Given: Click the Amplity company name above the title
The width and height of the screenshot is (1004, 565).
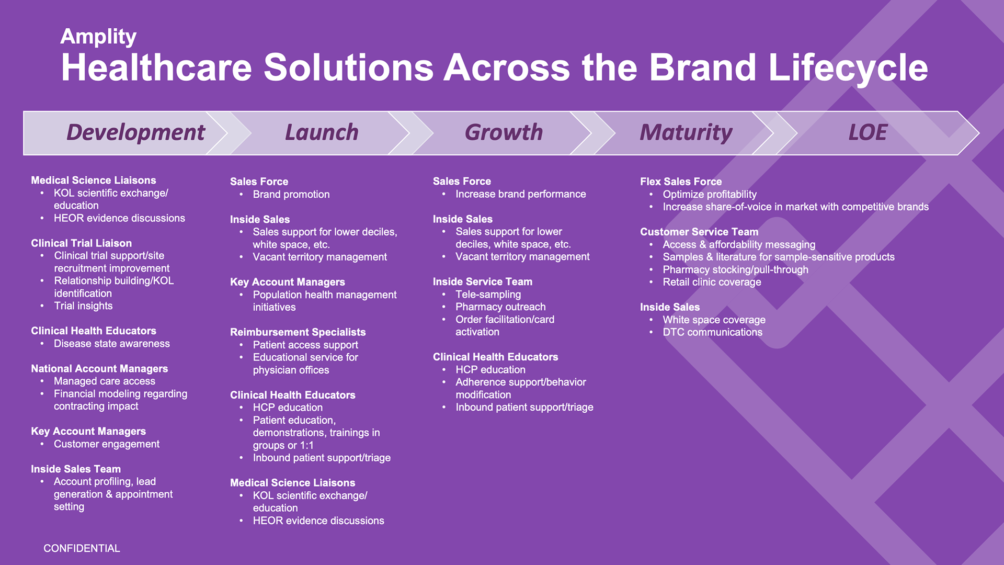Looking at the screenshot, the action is click(x=98, y=37).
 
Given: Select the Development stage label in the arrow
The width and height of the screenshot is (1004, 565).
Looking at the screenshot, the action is click(x=135, y=133).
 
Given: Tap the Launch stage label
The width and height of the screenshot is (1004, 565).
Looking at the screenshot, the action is click(x=322, y=132).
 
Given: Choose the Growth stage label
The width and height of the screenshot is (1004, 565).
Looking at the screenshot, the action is click(x=504, y=132).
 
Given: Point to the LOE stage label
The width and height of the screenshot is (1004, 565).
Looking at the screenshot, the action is click(x=868, y=132).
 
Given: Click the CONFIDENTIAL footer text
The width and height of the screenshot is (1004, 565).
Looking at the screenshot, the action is click(x=82, y=548).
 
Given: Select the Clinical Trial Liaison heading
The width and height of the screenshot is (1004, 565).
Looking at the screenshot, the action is click(x=82, y=243).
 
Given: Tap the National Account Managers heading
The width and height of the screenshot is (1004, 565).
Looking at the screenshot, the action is click(x=99, y=369).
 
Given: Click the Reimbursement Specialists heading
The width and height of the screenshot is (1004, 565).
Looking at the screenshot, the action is click(x=298, y=332).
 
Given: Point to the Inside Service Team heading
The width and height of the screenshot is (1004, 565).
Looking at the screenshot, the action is click(x=483, y=281).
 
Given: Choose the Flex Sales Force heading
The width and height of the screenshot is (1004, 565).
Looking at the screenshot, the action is click(x=681, y=182).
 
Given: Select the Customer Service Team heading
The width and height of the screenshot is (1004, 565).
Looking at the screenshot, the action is click(x=699, y=232).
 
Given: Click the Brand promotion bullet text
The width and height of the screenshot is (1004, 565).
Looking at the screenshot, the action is click(x=291, y=195).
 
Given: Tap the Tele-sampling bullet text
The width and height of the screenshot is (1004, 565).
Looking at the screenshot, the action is click(x=488, y=295).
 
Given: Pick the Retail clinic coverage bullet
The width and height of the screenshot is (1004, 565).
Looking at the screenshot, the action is click(x=712, y=282).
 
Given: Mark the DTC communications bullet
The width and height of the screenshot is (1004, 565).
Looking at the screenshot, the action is click(x=713, y=332).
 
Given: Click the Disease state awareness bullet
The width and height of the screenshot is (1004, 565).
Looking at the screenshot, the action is click(x=112, y=344).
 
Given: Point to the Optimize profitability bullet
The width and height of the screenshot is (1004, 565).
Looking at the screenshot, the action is click(x=710, y=195).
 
